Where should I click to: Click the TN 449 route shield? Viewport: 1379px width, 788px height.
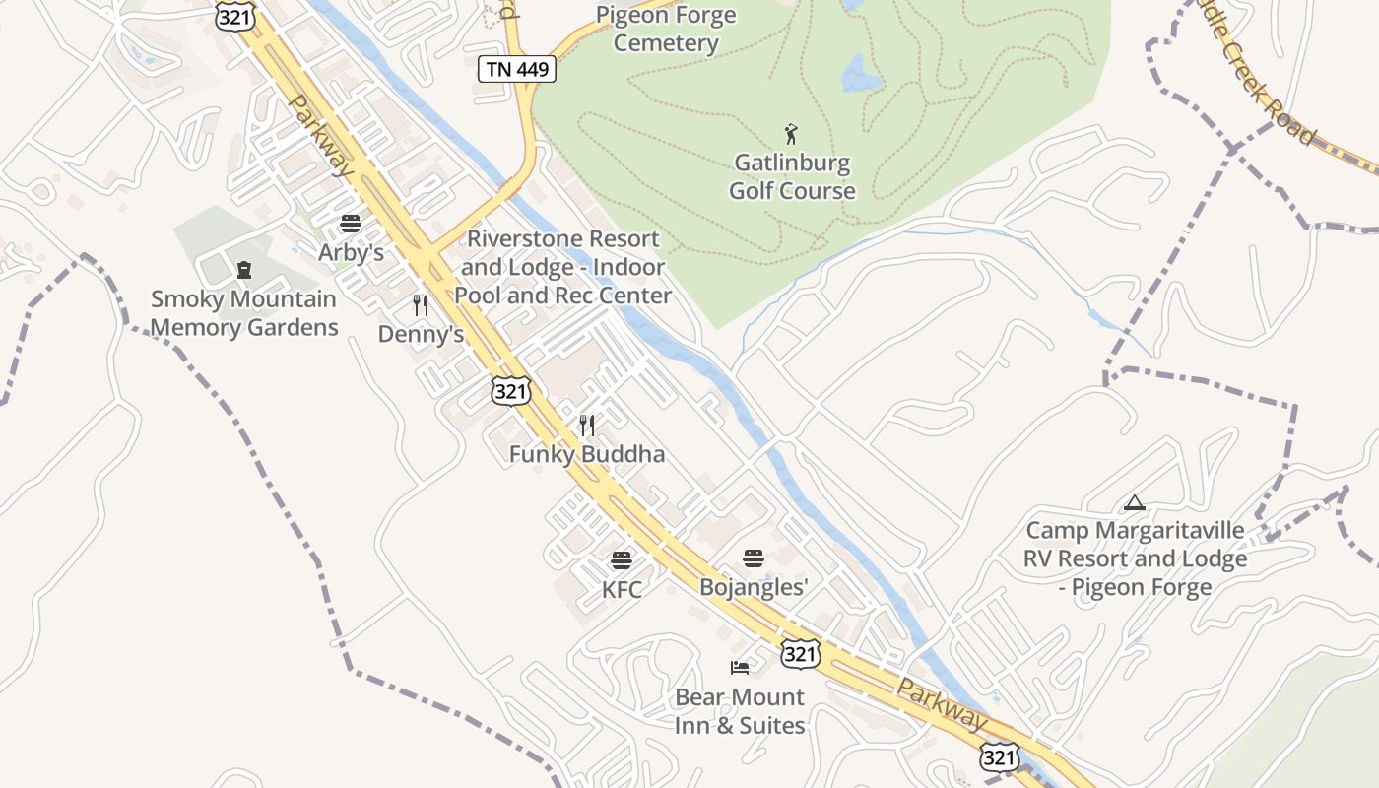(x=517, y=69)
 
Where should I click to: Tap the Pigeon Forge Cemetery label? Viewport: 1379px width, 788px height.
(x=667, y=30)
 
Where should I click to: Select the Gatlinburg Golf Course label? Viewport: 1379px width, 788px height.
(x=792, y=176)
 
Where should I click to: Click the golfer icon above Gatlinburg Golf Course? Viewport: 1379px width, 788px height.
(x=791, y=134)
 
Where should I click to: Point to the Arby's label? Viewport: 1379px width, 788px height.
(x=351, y=253)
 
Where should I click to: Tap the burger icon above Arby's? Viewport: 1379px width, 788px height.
(x=350, y=225)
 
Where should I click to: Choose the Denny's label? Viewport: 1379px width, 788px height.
(x=421, y=334)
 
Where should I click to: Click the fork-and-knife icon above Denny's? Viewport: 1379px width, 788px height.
(x=421, y=305)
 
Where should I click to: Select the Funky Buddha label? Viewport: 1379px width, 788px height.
(x=587, y=454)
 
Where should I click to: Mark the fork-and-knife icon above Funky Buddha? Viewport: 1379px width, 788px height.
(x=587, y=426)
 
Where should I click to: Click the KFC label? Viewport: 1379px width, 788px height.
(x=622, y=589)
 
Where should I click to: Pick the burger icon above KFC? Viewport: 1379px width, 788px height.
(x=622, y=560)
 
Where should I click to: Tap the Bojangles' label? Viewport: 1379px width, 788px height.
(x=754, y=587)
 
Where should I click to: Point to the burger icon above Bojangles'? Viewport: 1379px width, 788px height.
(x=754, y=558)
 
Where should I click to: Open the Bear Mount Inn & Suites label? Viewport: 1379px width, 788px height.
(x=740, y=711)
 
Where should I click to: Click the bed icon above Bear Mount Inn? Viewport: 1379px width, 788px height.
(x=740, y=668)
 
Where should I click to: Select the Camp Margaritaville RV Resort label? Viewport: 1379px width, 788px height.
(x=1136, y=558)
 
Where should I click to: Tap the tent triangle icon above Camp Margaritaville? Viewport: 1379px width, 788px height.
(x=1135, y=503)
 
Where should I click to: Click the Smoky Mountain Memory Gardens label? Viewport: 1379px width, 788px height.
(x=244, y=313)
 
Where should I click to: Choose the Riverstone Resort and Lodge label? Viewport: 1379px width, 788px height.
(x=562, y=267)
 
